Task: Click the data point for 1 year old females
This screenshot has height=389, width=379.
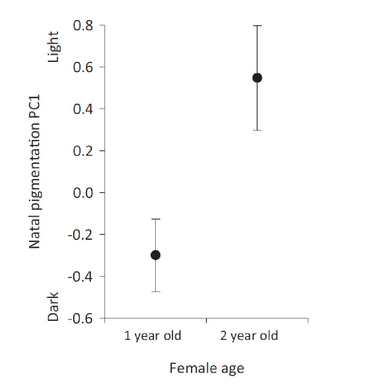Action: tap(155, 255)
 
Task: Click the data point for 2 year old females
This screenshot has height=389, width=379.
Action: tap(257, 78)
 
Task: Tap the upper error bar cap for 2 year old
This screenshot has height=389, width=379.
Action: tap(257, 26)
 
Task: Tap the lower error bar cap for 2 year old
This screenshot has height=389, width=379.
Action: tap(257, 130)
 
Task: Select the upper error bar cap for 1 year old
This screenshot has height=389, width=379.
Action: tap(155, 219)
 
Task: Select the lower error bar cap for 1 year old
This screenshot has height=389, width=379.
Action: tap(155, 292)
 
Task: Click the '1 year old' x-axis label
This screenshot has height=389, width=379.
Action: tap(153, 336)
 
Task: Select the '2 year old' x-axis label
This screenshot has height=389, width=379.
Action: tap(249, 336)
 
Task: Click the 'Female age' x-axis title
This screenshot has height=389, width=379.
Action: tap(207, 368)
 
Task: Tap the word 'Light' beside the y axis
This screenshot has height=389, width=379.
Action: tap(53, 48)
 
